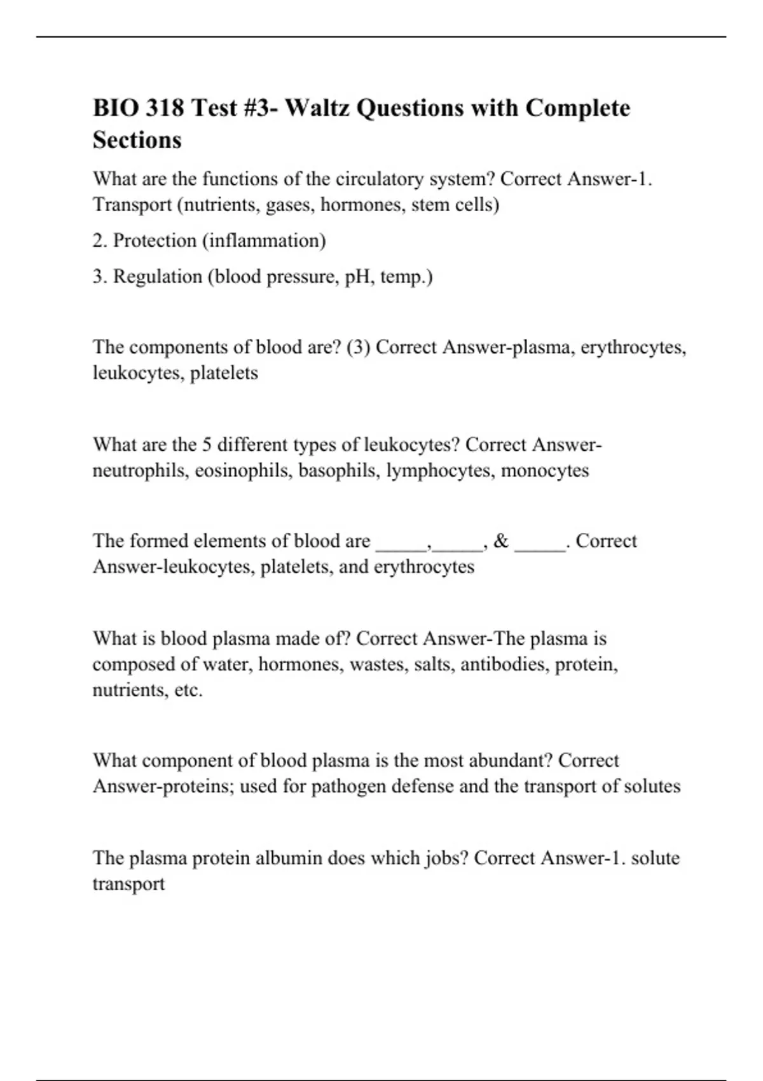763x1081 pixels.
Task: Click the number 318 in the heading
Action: pyautogui.click(x=165, y=108)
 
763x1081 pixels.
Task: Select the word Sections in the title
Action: pyautogui.click(x=137, y=140)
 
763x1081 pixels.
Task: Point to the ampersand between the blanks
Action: pyautogui.click(x=501, y=541)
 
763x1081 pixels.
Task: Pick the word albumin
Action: pyautogui.click(x=288, y=858)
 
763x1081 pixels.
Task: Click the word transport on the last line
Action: pyautogui.click(x=128, y=884)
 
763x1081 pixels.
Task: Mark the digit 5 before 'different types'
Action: pyautogui.click(x=207, y=444)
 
